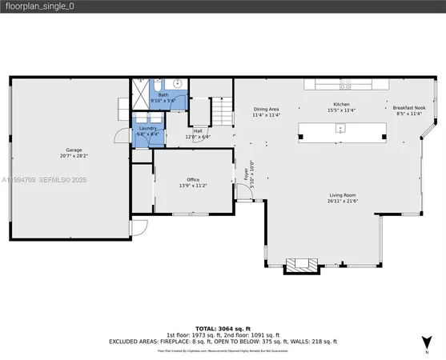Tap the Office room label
tap(193, 179)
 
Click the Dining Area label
tap(266, 109)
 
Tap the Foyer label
tap(246, 171)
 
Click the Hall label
tap(197, 130)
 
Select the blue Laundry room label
tap(147, 128)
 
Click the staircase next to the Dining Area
tap(219, 109)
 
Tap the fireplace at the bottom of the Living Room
tap(301, 265)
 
